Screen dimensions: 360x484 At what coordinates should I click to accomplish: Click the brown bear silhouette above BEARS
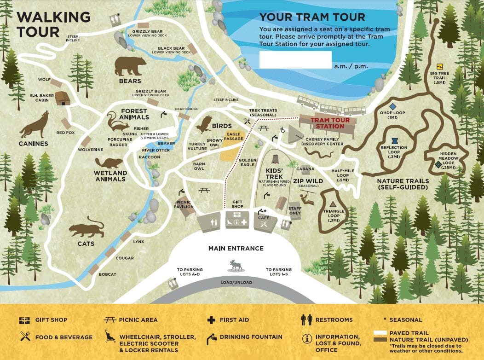pyautogui.click(x=130, y=66)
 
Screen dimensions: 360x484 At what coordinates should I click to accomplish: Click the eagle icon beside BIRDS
pyautogui.click(x=203, y=124)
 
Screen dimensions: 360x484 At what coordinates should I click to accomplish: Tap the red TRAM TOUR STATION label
pyautogui.click(x=329, y=123)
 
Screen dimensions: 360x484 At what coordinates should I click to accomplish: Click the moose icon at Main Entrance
pyautogui.click(x=236, y=265)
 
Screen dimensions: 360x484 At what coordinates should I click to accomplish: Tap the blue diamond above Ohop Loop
pyautogui.click(x=392, y=106)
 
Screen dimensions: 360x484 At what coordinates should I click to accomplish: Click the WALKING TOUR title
pyautogui.click(x=53, y=24)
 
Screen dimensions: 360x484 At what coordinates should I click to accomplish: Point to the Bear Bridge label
pyautogui.click(x=186, y=109)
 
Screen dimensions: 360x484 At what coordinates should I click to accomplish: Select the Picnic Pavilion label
pyautogui.click(x=184, y=204)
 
